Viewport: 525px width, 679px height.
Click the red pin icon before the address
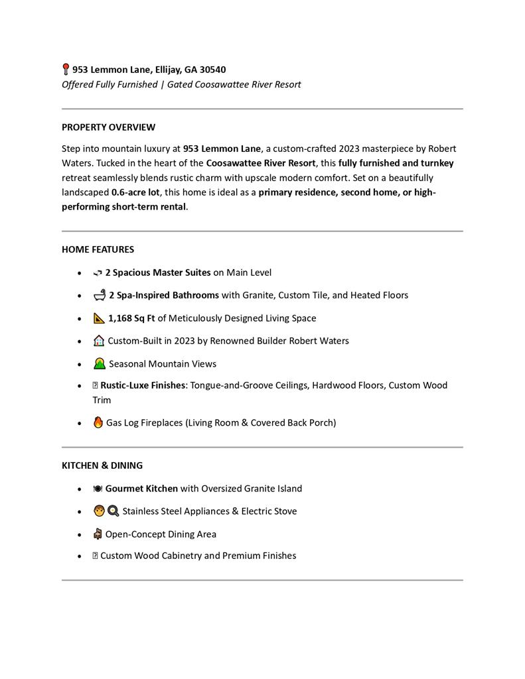(66, 69)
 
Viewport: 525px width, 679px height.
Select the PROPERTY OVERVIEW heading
(108, 127)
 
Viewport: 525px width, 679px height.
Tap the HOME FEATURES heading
(98, 249)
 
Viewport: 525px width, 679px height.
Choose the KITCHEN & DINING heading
(102, 465)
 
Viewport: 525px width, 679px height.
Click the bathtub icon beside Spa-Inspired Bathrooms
(100, 294)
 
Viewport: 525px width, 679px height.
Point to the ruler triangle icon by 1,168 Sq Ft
(100, 318)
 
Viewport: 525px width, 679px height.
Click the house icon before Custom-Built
(99, 341)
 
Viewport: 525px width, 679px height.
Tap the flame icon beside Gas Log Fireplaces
(98, 422)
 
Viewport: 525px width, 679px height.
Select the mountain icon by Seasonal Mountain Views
(100, 363)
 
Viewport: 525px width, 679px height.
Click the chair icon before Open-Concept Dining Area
(98, 534)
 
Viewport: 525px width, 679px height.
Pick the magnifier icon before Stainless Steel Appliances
(113, 511)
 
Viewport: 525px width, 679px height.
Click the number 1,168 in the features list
(120, 318)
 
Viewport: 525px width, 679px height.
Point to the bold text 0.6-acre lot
(135, 192)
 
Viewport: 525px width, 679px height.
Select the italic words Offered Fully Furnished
(110, 85)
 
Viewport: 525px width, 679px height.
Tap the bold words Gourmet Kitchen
(141, 489)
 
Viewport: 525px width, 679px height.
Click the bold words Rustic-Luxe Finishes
(142, 385)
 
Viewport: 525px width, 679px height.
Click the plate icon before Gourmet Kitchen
(98, 489)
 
